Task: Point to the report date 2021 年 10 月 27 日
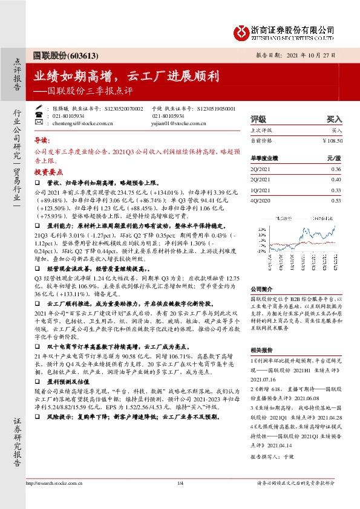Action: coord(311,54)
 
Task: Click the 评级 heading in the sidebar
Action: coord(258,120)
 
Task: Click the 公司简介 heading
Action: coord(261,289)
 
